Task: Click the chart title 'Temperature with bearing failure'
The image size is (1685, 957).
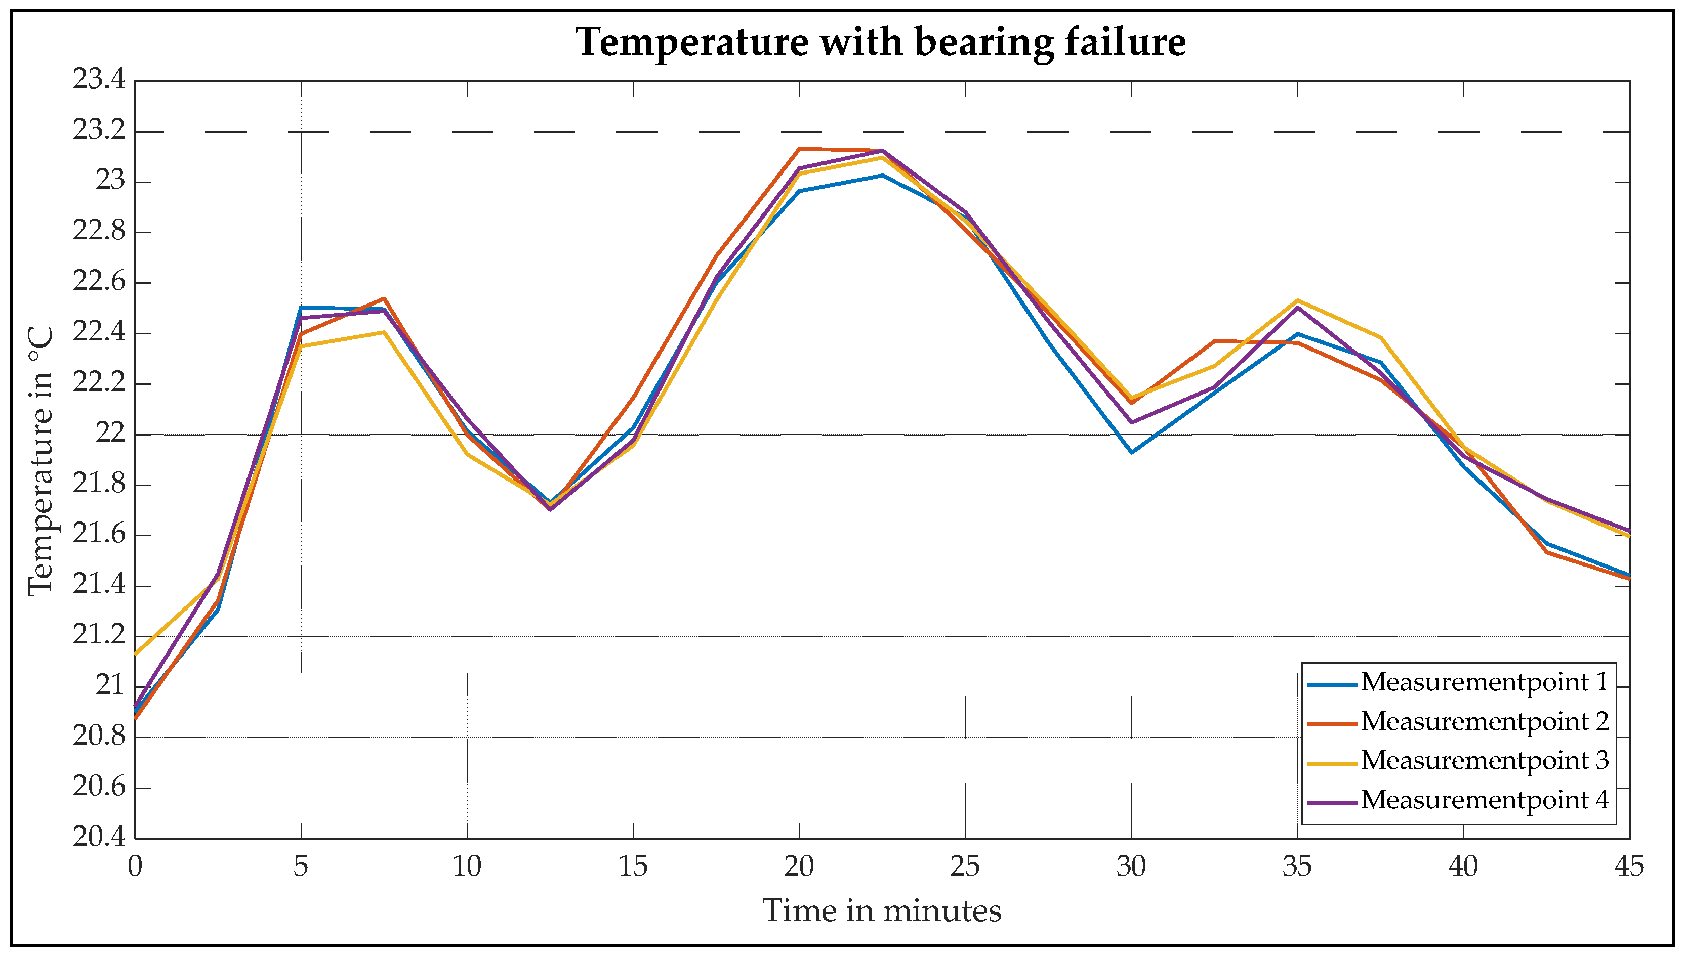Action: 881,42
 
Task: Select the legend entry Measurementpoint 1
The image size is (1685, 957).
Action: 1484,682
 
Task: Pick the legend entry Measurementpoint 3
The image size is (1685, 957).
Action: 1484,760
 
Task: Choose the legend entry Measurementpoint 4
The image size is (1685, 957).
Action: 1484,800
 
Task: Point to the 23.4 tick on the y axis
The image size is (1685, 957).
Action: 99,80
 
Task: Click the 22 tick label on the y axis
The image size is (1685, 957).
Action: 110,434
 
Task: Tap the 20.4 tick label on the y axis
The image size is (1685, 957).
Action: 99,838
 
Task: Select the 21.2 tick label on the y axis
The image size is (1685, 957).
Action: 99,636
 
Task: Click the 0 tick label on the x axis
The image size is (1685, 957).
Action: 135,867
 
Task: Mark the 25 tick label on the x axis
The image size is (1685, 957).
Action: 965,867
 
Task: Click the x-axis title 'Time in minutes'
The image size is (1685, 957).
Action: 881,911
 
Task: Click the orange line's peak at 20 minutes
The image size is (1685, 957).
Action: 799,149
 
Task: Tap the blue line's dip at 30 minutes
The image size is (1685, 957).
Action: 1131,452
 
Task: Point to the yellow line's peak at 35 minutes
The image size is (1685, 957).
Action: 1297,300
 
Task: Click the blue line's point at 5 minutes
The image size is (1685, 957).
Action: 301,308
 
